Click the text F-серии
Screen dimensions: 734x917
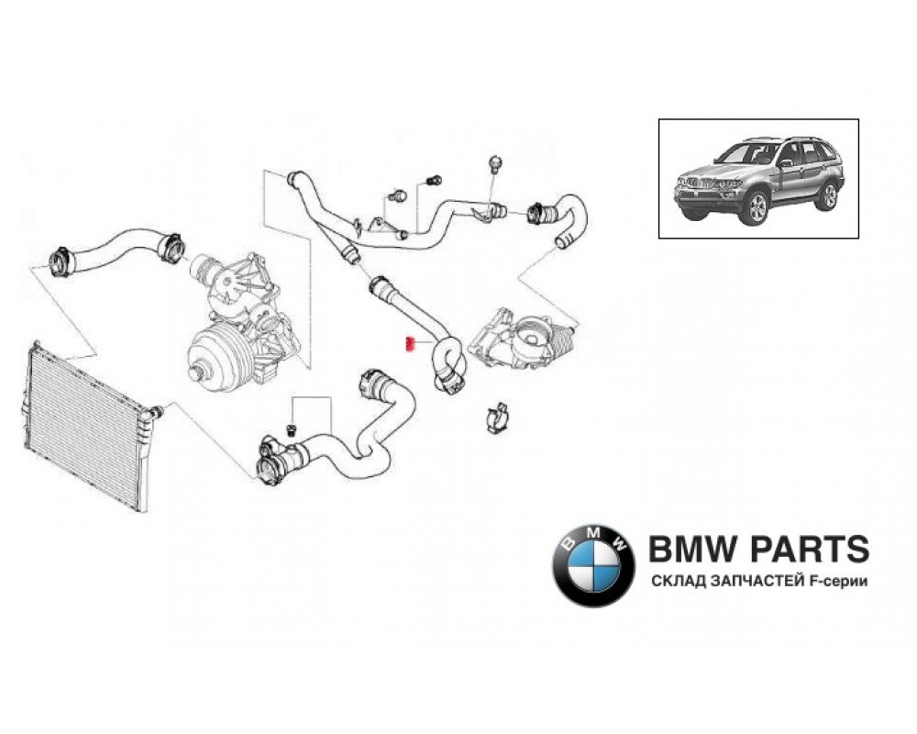836,582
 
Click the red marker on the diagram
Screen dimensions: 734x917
410,345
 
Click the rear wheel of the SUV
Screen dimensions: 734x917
830,195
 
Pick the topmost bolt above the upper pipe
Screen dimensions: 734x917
495,164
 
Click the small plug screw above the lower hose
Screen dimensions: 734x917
293,430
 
